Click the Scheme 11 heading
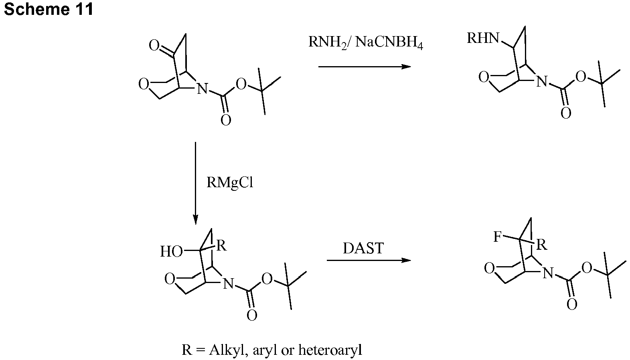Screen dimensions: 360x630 pyautogui.click(x=49, y=9)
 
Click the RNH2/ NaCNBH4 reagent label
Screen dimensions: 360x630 pyautogui.click(x=365, y=42)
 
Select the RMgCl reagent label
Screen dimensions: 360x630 pyautogui.click(x=230, y=182)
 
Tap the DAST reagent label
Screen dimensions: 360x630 pyautogui.click(x=363, y=248)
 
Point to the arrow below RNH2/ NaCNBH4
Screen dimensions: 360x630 pyautogui.click(x=365, y=67)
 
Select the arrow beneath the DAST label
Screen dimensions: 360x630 pyautogui.click(x=369, y=261)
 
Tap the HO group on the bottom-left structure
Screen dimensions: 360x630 pyautogui.click(x=171, y=252)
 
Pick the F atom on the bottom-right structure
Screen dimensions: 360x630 pyautogui.click(x=497, y=237)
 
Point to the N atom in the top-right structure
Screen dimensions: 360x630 pyautogui.click(x=541, y=82)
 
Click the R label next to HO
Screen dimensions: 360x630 pyautogui.click(x=221, y=246)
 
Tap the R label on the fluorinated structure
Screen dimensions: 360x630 pyautogui.click(x=542, y=245)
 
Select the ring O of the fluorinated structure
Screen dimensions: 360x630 pyautogui.click(x=489, y=268)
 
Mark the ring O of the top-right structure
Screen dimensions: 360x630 pyautogui.click(x=484, y=77)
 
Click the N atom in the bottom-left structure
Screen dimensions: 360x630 pyautogui.click(x=228, y=284)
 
